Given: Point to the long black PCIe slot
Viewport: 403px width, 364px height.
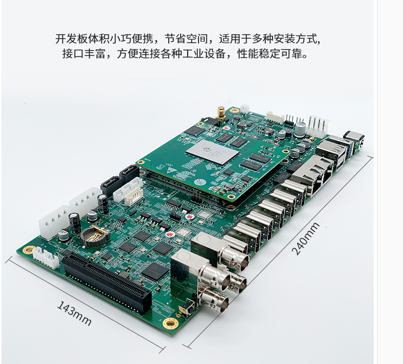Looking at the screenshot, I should [x=106, y=283].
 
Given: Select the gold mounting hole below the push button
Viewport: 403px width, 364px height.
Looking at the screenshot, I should [x=171, y=323].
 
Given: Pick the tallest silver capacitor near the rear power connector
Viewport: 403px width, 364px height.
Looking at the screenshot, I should [x=300, y=129].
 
